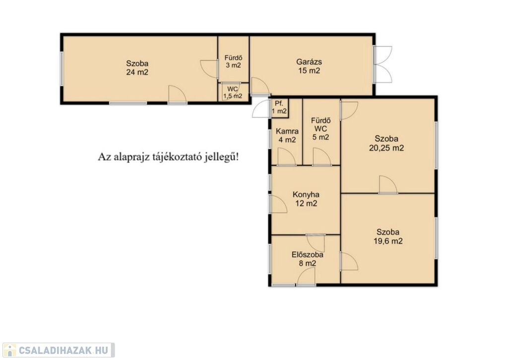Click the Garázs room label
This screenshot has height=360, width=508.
[309, 62]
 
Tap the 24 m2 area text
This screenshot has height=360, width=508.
[137, 72]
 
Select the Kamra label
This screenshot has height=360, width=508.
[287, 132]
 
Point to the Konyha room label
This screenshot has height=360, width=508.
[306, 195]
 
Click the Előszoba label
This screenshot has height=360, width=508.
[307, 255]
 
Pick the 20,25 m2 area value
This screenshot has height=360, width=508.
[386, 148]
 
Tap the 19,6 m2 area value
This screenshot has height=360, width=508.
[388, 241]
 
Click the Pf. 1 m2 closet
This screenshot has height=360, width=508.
[279, 108]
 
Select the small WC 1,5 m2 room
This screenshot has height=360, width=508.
[233, 92]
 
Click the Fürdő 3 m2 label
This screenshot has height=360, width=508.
[233, 61]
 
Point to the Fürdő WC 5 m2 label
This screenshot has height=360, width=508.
[320, 129]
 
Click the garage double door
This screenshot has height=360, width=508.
[383, 64]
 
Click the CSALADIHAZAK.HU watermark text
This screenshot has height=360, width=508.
[63, 350]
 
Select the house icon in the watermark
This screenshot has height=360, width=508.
[9, 350]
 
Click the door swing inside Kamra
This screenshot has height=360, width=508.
[287, 157]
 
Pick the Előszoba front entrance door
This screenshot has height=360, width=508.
[306, 278]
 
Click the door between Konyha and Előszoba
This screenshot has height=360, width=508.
[316, 243]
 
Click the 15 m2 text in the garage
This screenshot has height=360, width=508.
[309, 71]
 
